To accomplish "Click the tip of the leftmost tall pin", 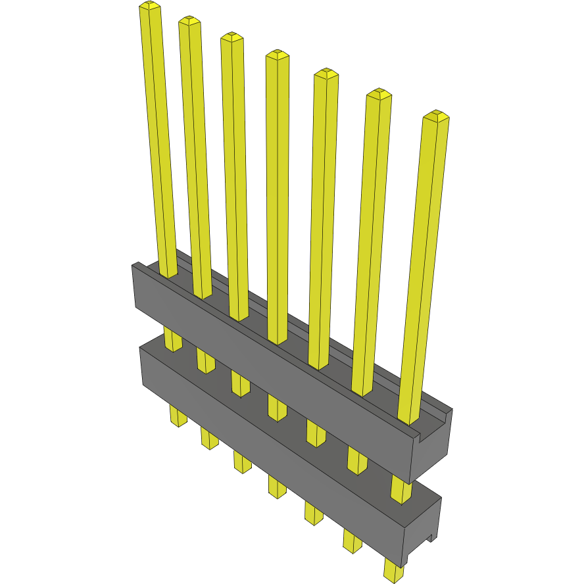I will tap(150, 7).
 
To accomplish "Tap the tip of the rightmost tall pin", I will tap(435, 116).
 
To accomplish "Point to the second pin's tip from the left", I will tap(189, 21).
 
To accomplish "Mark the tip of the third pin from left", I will tap(231, 37).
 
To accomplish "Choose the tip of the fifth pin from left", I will tap(326, 73).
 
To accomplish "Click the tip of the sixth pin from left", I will tap(379, 93).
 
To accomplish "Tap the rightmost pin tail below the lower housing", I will tap(395, 572).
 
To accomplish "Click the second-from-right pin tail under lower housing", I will tap(352, 541).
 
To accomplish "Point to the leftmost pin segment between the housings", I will tap(172, 339).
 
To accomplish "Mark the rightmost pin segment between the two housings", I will tap(401, 490).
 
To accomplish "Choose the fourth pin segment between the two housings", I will tap(277, 407).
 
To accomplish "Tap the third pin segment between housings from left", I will tap(240, 383).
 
